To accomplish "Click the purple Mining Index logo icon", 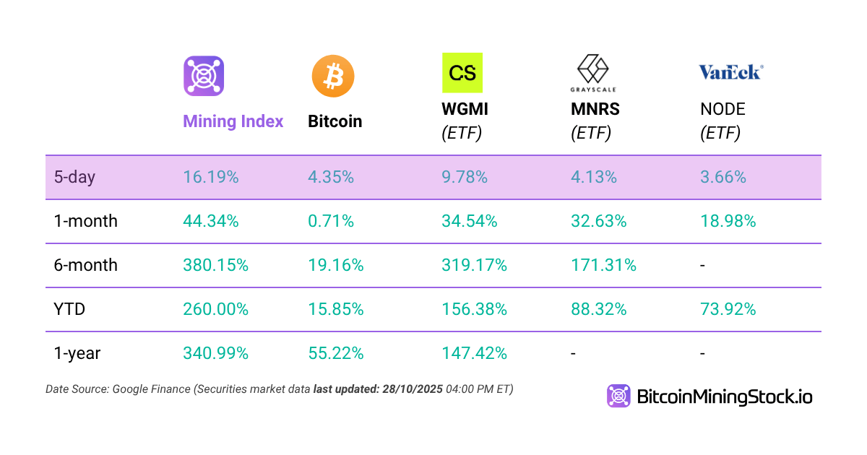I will pos(204,76).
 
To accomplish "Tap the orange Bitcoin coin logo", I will pos(333,76).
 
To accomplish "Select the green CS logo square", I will pos(462,73).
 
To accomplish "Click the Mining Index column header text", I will pos(233,121).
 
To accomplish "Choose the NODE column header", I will pos(722,110).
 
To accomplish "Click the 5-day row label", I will pos(74,177).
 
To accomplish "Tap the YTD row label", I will pos(69,309).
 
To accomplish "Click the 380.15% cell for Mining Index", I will pos(215,265).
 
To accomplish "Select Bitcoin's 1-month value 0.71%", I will pos(331,221).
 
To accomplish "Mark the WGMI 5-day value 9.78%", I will pos(465,177).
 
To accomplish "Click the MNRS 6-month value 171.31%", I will pos(603,265).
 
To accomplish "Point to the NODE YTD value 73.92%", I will pos(728,309).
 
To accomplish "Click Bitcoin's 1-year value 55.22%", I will pos(335,353).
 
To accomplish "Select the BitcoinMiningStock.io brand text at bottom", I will pos(724,396).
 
